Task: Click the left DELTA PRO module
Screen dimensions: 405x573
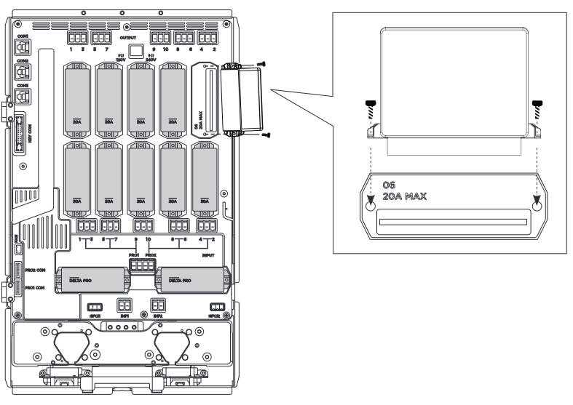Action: [91, 278]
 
